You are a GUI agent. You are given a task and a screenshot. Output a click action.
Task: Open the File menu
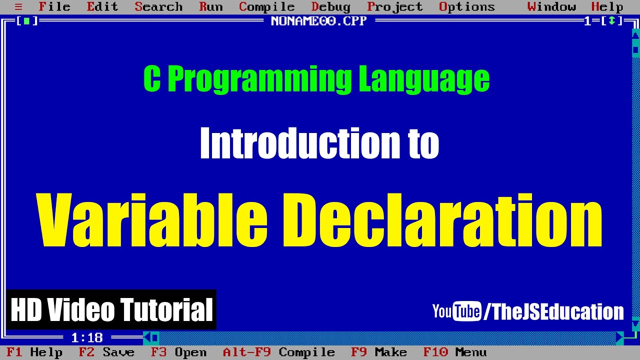pyautogui.click(x=54, y=7)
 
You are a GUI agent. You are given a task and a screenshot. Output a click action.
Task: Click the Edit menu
pyautogui.click(x=102, y=7)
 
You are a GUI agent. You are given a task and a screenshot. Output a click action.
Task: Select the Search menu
pyautogui.click(x=158, y=7)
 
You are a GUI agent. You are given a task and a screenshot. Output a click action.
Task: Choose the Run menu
pyautogui.click(x=210, y=7)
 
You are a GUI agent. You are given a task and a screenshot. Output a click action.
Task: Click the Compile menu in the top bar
pyautogui.click(x=266, y=7)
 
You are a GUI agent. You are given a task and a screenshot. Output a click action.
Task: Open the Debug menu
pyautogui.click(x=330, y=7)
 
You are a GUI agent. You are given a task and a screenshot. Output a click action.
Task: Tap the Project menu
pyautogui.click(x=394, y=7)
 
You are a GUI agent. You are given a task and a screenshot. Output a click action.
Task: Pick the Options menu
pyautogui.click(x=466, y=7)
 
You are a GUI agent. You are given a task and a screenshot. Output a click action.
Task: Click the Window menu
pyautogui.click(x=551, y=7)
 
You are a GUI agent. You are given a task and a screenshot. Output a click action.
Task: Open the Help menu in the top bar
pyautogui.click(x=607, y=7)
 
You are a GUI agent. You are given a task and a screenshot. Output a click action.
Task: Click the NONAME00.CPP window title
pyautogui.click(x=318, y=21)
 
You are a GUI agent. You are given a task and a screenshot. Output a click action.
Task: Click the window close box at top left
pyautogui.click(x=26, y=21)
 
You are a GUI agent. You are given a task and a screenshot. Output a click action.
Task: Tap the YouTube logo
pyautogui.click(x=456, y=311)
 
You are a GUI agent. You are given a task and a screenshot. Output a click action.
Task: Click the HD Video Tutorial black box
pyautogui.click(x=111, y=309)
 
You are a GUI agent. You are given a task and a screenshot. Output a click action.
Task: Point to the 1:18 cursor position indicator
pyautogui.click(x=86, y=338)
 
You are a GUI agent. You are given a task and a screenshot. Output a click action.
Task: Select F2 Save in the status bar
pyautogui.click(x=106, y=352)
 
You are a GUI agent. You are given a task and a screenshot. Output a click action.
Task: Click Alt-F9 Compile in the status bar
pyautogui.click(x=278, y=352)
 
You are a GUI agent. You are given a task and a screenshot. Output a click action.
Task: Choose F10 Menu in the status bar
pyautogui.click(x=454, y=352)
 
